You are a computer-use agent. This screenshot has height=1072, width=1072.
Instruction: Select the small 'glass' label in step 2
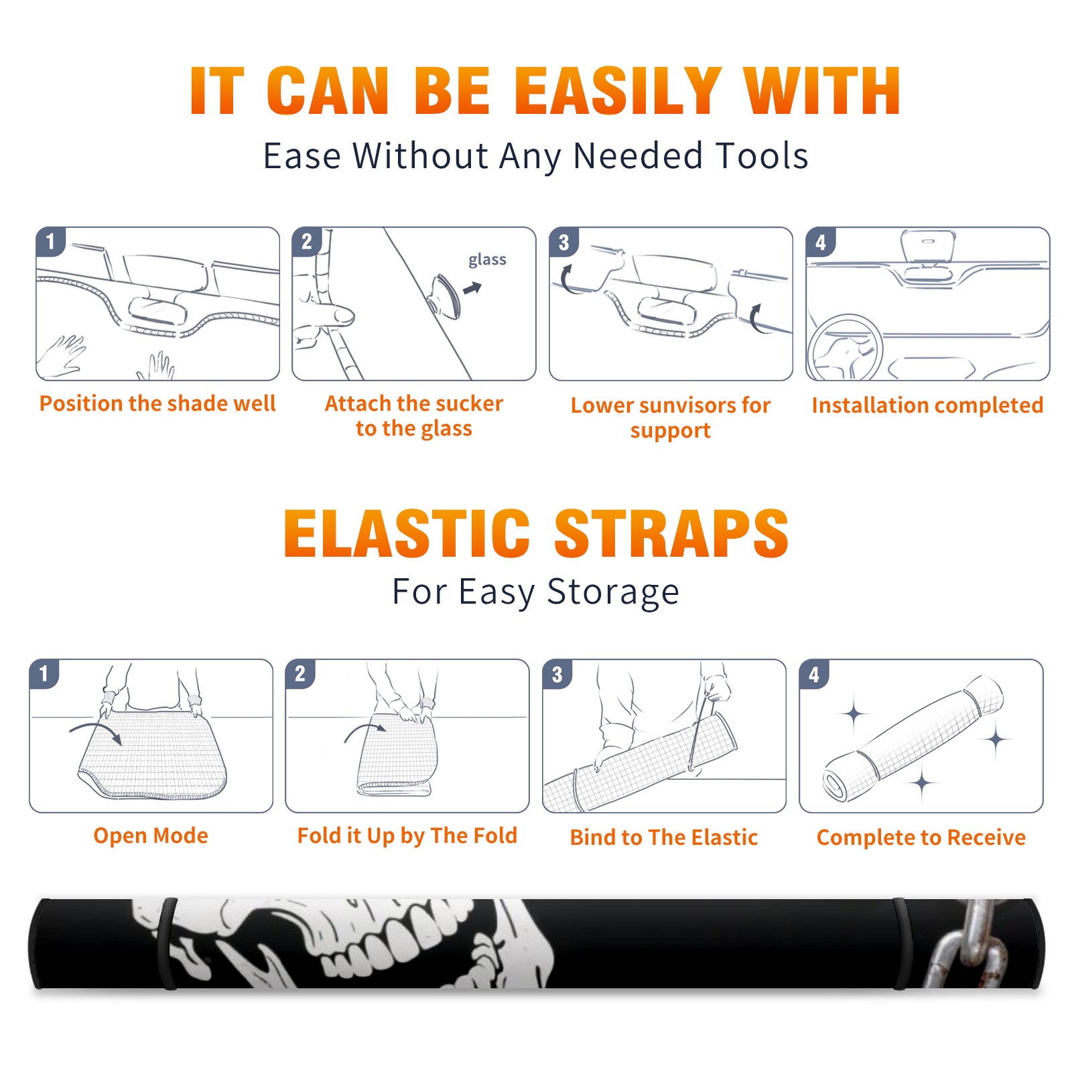487,260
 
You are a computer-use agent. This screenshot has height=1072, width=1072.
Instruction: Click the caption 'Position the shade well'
157,403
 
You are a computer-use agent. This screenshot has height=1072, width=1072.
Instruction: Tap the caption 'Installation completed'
927,405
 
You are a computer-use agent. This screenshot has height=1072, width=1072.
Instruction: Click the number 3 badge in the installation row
564,242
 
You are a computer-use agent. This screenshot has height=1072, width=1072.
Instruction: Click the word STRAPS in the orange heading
671,533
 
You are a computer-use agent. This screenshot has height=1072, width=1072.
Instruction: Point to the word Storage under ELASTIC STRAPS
613,593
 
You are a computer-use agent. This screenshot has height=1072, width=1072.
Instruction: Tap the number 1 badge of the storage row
44,674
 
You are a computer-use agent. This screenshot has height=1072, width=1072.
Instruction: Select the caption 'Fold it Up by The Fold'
407,836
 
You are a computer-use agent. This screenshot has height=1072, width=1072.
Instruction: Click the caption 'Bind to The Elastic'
664,837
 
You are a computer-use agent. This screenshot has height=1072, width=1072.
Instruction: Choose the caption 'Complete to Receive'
921,837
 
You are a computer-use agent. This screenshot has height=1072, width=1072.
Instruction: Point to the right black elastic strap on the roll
902,944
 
